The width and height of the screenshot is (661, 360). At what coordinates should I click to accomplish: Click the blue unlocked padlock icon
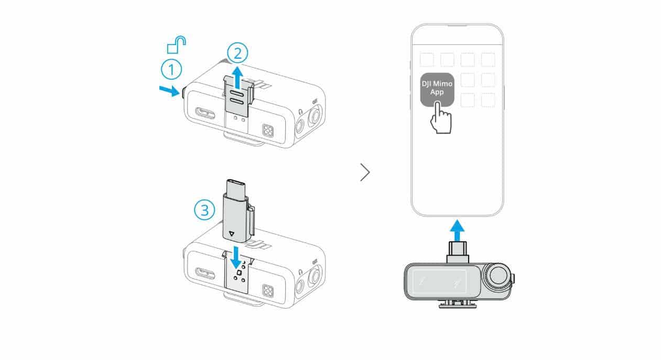(176, 45)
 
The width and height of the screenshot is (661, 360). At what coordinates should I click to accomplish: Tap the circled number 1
(171, 70)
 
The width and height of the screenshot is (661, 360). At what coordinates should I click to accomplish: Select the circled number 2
(237, 53)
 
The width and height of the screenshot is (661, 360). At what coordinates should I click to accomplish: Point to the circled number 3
(204, 210)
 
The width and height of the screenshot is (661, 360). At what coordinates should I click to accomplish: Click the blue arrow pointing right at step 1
(169, 91)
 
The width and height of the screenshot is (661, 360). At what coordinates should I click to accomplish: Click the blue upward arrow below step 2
(237, 78)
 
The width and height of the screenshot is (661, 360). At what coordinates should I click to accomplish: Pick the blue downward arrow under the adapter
(236, 257)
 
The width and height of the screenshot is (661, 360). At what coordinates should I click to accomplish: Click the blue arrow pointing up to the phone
(457, 231)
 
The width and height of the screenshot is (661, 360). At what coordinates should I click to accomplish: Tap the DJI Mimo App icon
(437, 90)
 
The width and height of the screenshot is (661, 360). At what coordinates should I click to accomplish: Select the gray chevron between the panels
(365, 172)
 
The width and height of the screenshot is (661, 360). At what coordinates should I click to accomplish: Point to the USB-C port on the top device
(205, 113)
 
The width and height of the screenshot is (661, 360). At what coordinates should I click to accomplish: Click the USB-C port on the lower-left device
(205, 273)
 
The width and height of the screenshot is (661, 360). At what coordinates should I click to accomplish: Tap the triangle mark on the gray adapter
(232, 233)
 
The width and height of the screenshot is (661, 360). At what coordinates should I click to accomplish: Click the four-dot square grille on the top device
(268, 130)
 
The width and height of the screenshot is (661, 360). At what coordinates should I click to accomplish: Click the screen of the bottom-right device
(440, 281)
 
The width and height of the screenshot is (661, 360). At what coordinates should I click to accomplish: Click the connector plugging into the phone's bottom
(457, 252)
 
